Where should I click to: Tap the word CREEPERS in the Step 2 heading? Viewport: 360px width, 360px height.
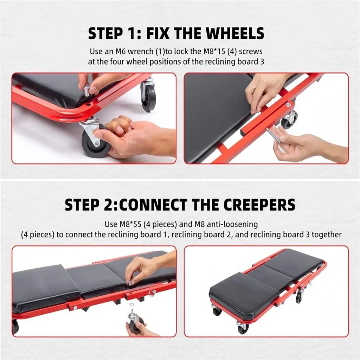pos(260,205)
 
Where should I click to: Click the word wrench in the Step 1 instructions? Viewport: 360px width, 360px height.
pos(141,52)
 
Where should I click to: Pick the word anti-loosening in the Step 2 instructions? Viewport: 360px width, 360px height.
pos(232,224)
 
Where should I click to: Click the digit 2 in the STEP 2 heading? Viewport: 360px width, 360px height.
pos(109,205)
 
